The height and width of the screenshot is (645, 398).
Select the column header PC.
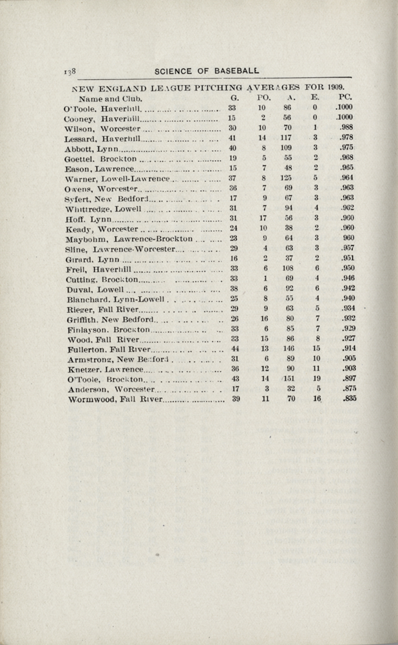pyautogui.click(x=336, y=98)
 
